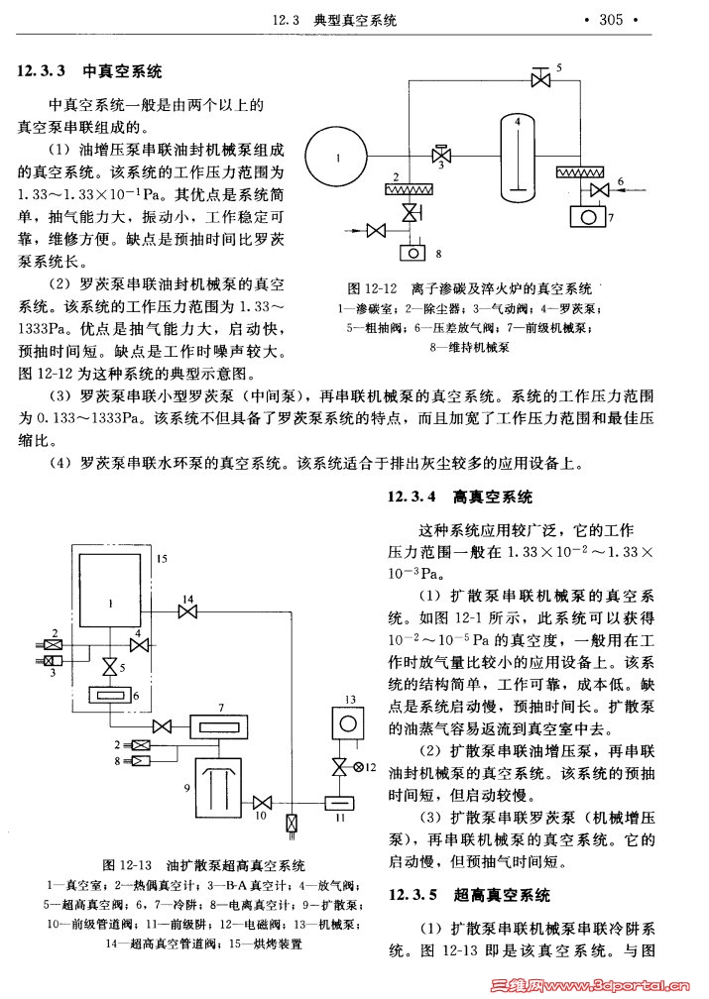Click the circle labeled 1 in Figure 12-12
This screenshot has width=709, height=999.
[337, 158]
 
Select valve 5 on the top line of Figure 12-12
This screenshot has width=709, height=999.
[541, 78]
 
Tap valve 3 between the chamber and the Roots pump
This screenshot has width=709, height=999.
[442, 156]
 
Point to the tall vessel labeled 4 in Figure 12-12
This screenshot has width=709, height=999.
[517, 157]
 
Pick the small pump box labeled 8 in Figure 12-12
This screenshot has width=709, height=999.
[410, 252]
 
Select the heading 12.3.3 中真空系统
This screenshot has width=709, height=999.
[89, 71]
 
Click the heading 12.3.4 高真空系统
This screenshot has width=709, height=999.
[460, 497]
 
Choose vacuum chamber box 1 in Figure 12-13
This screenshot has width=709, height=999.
[111, 601]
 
